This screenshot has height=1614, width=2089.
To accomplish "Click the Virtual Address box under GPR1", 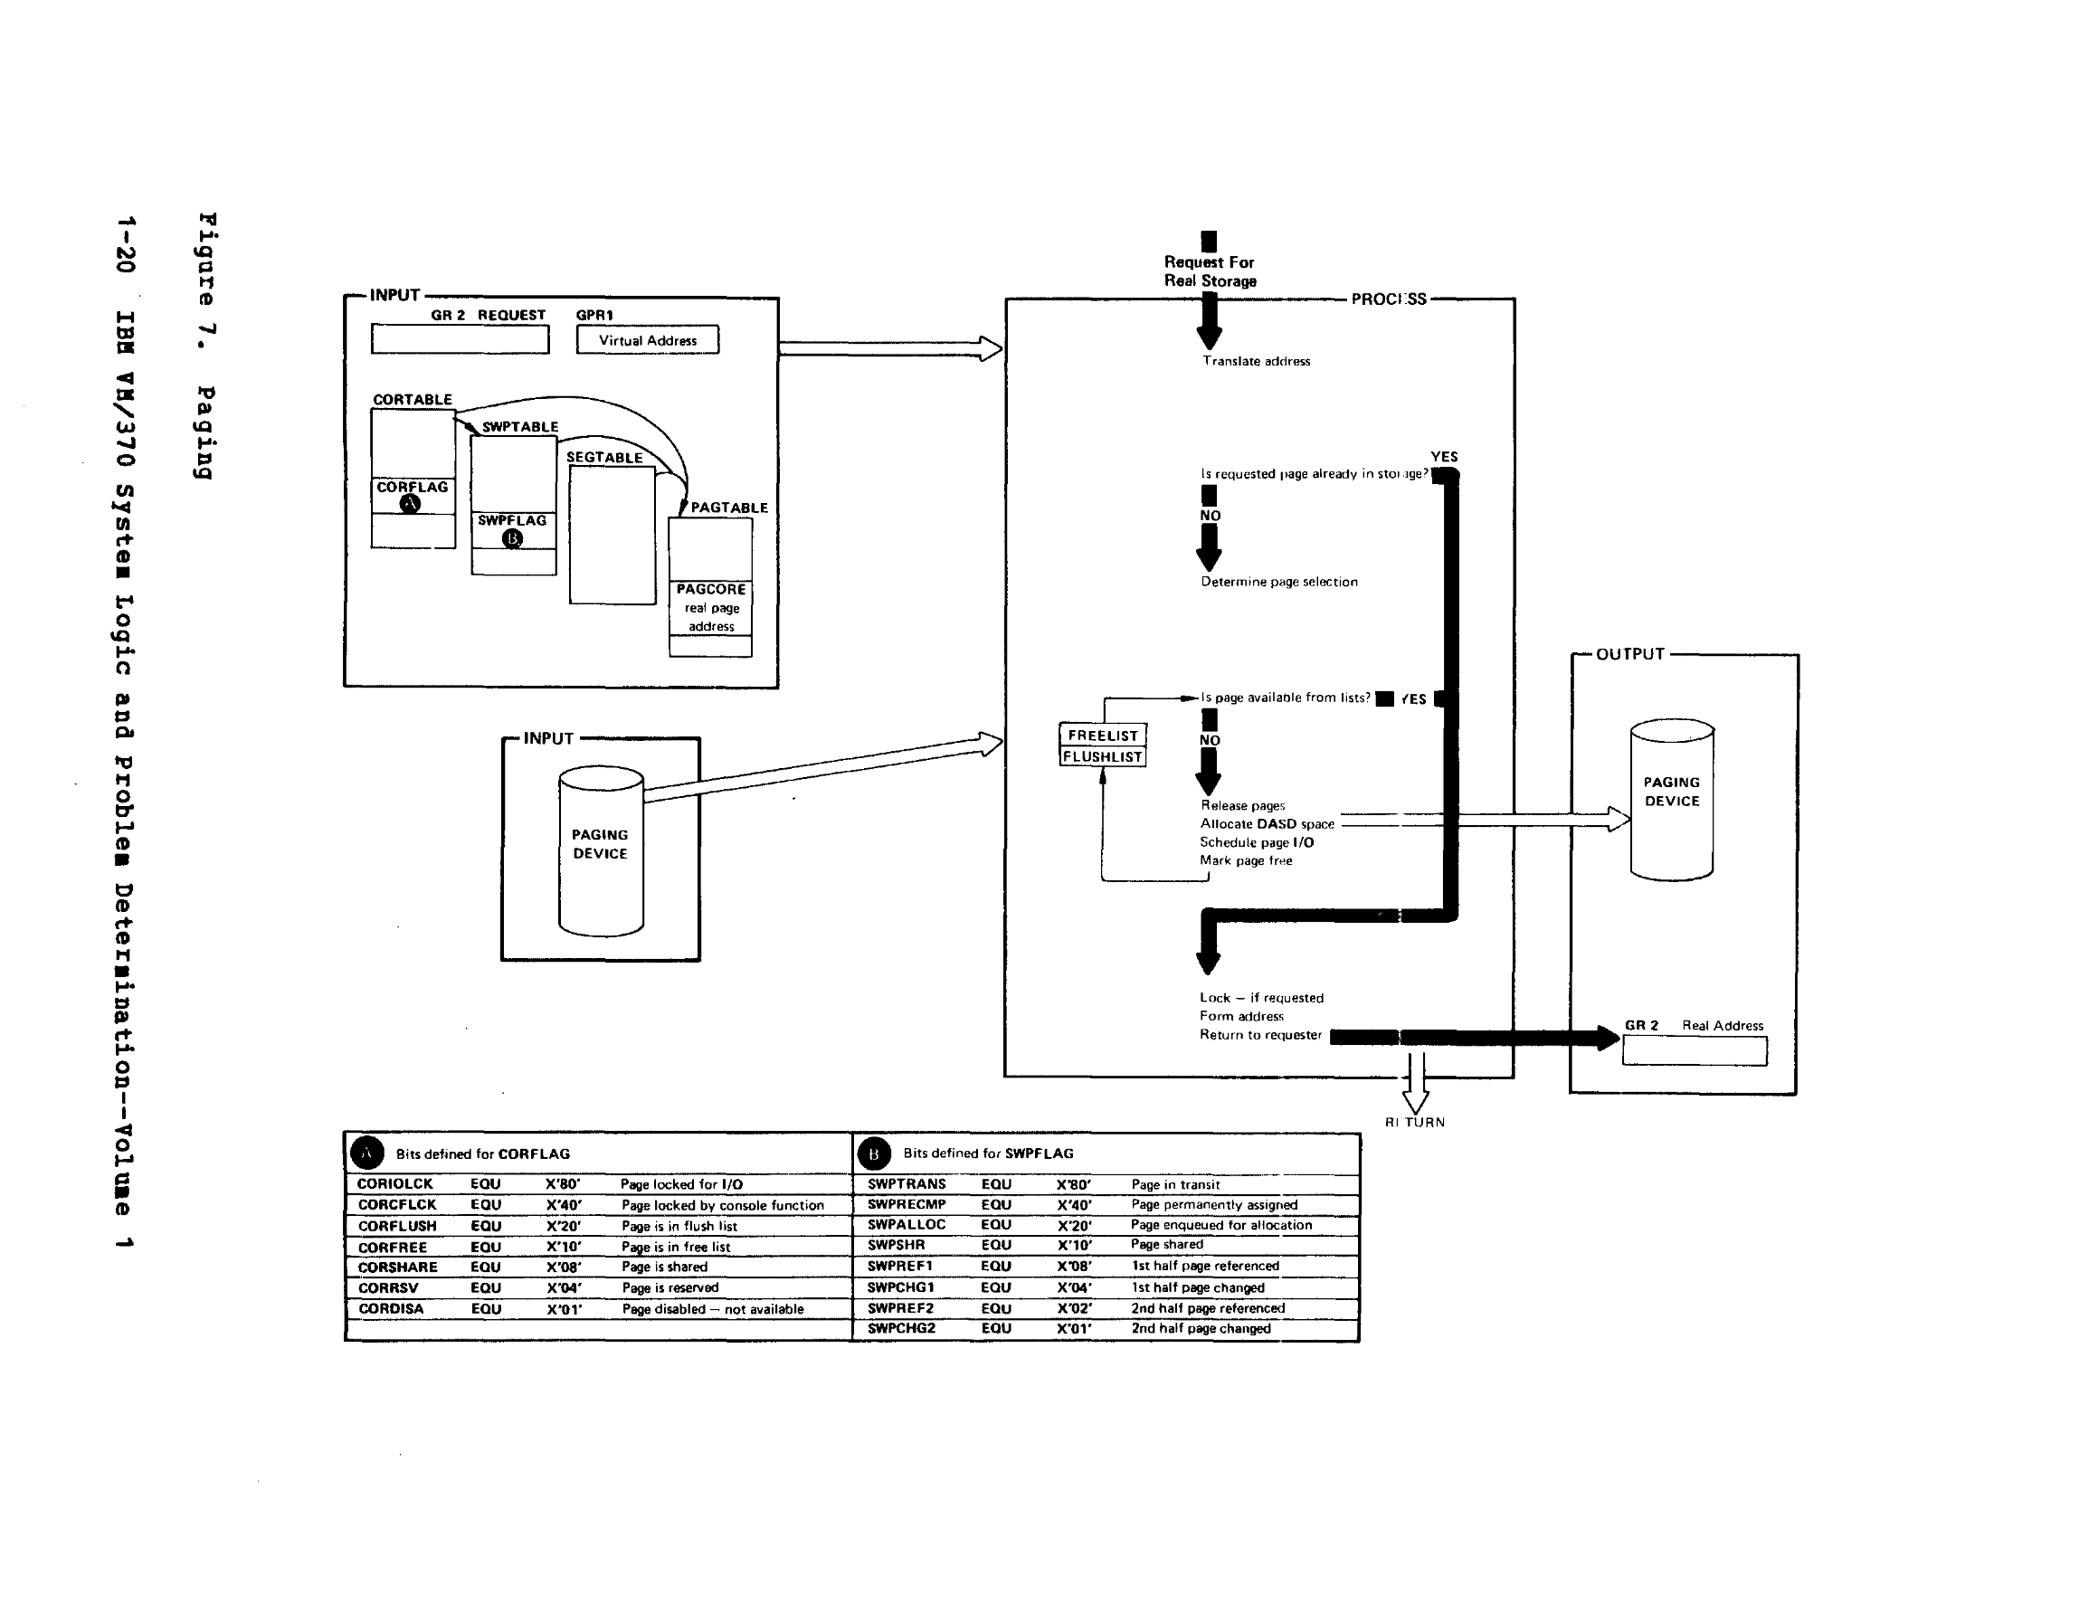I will pyautogui.click(x=648, y=340).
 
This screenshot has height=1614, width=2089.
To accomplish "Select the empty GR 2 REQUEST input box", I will pyautogui.click(x=461, y=339).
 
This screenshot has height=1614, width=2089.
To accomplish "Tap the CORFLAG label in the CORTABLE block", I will pyautogui.click(x=413, y=487).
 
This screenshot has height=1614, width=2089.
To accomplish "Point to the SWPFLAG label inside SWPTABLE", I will pyautogui.click(x=513, y=520).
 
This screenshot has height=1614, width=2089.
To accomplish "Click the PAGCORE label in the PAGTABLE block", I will pyautogui.click(x=711, y=589).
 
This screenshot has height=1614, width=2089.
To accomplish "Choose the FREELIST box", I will pyautogui.click(x=1103, y=736).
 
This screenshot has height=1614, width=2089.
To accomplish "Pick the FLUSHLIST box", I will pyautogui.click(x=1103, y=756).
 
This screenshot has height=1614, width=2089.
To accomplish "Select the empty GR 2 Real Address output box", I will pyautogui.click(x=1694, y=1051).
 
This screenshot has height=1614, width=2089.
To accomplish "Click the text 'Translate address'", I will pyautogui.click(x=1256, y=362).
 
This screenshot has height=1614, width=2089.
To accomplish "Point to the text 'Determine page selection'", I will pyautogui.click(x=1279, y=582).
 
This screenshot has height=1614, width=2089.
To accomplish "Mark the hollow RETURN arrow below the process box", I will pyautogui.click(x=1416, y=1086).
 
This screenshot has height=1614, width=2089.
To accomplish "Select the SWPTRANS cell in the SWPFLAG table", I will pyautogui.click(x=907, y=1184).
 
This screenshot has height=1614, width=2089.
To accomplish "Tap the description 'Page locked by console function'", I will pyautogui.click(x=722, y=1205).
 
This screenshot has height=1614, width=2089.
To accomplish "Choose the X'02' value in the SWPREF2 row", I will pyautogui.click(x=1074, y=1308).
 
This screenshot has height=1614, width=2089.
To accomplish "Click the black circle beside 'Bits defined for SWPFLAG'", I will pyautogui.click(x=873, y=1154).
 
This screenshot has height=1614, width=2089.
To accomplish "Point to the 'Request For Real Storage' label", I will pyautogui.click(x=1209, y=271).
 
